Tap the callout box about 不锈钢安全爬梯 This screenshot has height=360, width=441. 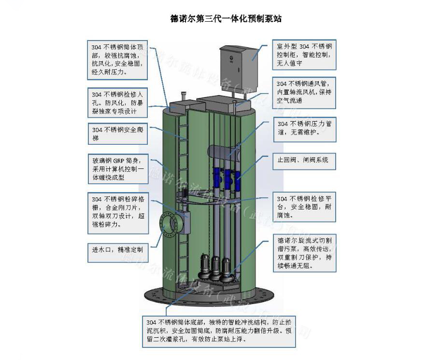coord(117,134)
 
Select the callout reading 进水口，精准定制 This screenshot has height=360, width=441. coord(117,250)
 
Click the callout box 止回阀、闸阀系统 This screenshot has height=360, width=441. coord(303,160)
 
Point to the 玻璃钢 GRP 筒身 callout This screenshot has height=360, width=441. coord(117,168)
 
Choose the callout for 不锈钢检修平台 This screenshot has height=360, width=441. coord(304,207)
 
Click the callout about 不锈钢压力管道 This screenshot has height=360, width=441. coord(304,128)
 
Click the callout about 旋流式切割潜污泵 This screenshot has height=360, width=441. coord(304,252)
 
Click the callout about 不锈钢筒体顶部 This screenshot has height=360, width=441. coord(117,59)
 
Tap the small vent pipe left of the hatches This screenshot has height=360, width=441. coord(183,96)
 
